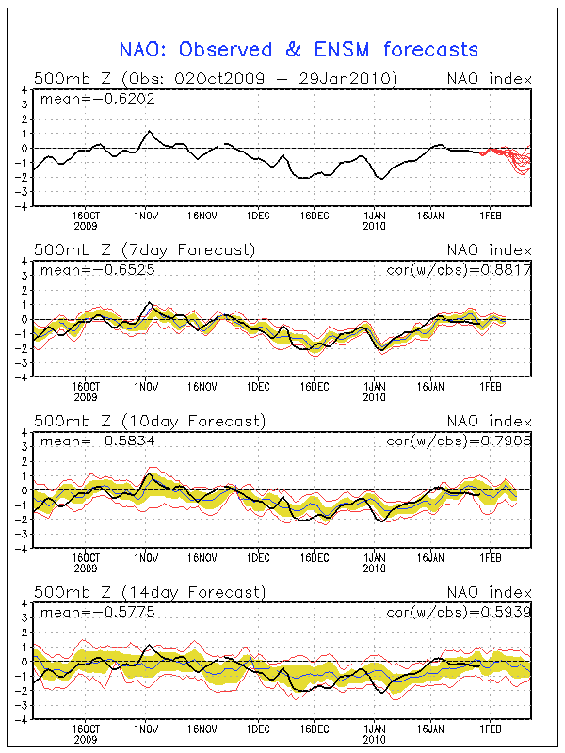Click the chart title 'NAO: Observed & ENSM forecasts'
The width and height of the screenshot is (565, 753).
click(299, 50)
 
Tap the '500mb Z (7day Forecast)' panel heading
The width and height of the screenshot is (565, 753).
click(144, 249)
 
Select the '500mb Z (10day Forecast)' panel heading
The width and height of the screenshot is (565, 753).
click(149, 420)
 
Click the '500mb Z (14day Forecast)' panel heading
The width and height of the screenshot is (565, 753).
click(149, 592)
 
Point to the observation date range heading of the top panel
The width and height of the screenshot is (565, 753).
click(215, 77)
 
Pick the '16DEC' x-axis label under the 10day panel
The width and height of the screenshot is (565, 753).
click(315, 557)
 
